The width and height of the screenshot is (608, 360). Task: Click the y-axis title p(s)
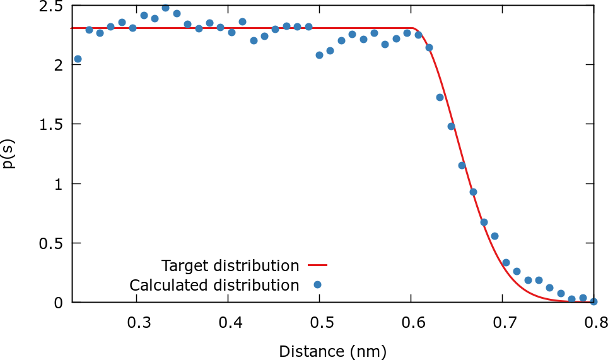coord(9,154)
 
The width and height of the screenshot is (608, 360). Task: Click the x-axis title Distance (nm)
coord(332,351)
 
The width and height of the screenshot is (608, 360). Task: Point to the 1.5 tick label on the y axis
coord(51,124)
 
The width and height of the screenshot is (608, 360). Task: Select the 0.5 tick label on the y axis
coord(51,243)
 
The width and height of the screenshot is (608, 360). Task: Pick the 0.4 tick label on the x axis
coord(230,324)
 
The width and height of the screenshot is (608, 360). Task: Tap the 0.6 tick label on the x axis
coord(412,324)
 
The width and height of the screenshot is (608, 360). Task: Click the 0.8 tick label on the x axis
coord(593,324)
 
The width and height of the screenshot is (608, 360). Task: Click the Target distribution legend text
coord(230,265)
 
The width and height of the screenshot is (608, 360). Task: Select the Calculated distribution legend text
coord(214,285)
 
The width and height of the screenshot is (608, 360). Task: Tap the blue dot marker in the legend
coord(317,285)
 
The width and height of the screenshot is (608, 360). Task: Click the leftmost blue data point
coord(78,59)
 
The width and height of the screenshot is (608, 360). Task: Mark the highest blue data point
coord(165,8)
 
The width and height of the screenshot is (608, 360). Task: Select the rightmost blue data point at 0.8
coord(593,301)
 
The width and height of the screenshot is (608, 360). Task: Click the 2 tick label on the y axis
coord(59,65)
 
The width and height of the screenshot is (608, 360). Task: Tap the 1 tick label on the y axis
coord(59,184)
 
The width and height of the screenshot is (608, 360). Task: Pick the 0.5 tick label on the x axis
coord(321,324)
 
